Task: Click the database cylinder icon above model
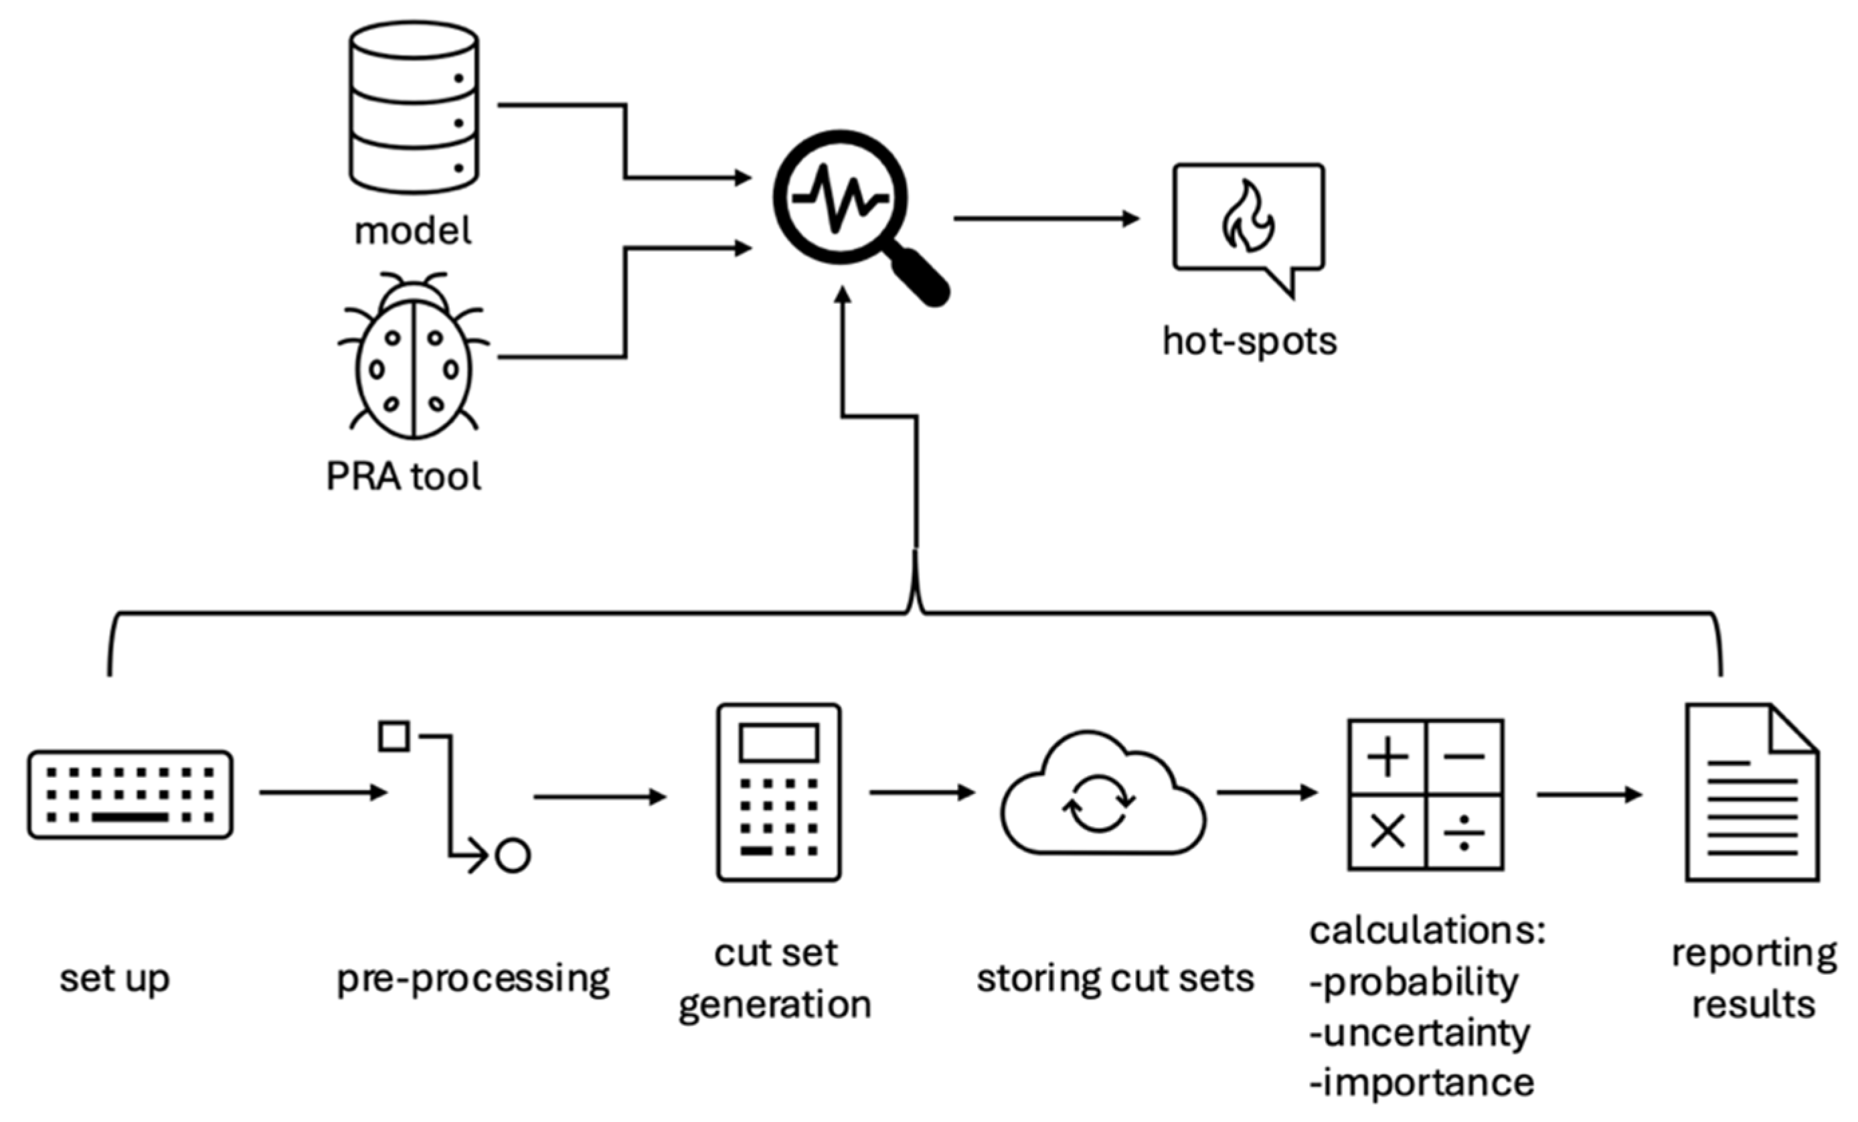413,108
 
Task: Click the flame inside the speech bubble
1248,217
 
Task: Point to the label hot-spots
1250,341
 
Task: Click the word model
413,231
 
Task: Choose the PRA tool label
404,477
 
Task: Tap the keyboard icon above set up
131,794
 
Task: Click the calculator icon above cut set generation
779,793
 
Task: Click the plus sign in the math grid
1387,757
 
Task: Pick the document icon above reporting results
1752,793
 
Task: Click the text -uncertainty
1420,1033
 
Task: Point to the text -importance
1422,1083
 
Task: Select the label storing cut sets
1115,979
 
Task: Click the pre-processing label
473,979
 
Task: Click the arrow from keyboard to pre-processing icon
323,793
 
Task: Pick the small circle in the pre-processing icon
513,856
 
